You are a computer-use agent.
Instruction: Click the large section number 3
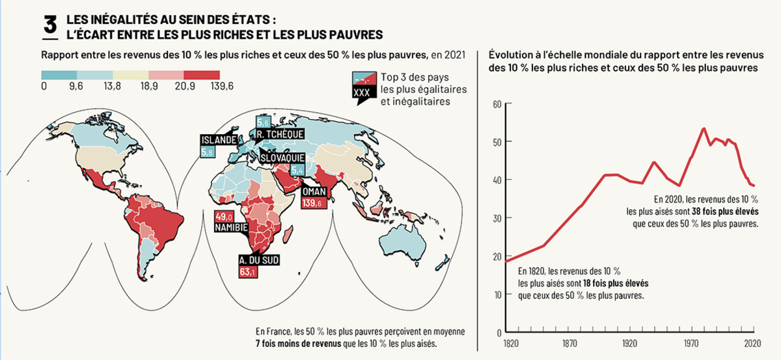pyautogui.click(x=50, y=25)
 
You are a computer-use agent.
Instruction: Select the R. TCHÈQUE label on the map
pyautogui.click(x=281, y=135)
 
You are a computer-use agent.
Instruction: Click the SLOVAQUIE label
pyautogui.click(x=284, y=158)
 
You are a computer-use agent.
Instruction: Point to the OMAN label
pyautogui.click(x=314, y=192)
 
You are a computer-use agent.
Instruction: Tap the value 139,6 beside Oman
pyautogui.click(x=312, y=204)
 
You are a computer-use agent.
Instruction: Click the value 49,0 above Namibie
pyautogui.click(x=224, y=217)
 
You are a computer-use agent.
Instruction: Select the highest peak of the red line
pyautogui.click(x=704, y=128)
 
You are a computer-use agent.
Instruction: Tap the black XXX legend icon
pyautogui.click(x=361, y=93)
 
